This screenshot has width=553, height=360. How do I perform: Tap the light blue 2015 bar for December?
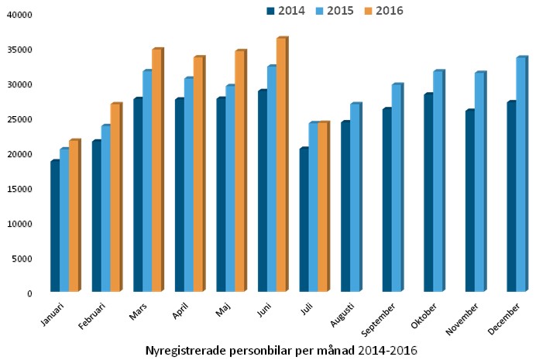pyautogui.click(x=520, y=174)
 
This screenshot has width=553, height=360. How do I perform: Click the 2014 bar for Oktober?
pyautogui.click(x=428, y=193)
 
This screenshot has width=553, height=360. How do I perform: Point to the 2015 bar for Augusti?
pyautogui.click(x=355, y=197)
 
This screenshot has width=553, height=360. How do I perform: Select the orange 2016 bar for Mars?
pyautogui.click(x=156, y=170)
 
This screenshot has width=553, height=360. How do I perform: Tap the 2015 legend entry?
pyautogui.click(x=335, y=11)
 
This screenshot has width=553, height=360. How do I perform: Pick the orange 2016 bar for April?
pyautogui.click(x=198, y=174)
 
